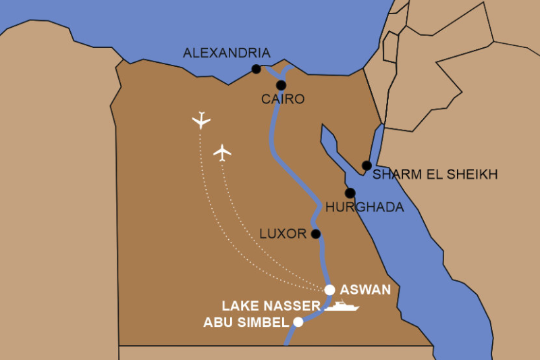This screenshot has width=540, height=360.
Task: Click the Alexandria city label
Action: pos(227,53)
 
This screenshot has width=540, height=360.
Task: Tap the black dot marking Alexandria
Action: pos(256,69)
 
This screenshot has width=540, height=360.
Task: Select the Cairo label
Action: pos(283,99)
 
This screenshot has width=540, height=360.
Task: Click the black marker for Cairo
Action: pos(281,85)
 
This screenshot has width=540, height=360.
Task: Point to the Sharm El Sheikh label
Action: pos(435,175)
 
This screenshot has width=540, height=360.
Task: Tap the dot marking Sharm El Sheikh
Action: pos(367,165)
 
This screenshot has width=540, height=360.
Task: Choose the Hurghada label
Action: pos(364,207)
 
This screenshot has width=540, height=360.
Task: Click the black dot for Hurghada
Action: pos(350,193)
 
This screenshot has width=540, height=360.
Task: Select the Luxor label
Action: pos(283,234)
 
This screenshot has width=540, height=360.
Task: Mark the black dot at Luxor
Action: pos(315,234)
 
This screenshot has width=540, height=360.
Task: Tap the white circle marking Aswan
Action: pos(329,290)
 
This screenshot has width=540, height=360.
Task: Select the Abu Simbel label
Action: pos(246,322)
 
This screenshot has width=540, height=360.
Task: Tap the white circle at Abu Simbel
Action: pos(298,322)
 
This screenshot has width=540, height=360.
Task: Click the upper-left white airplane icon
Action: pos(201,120)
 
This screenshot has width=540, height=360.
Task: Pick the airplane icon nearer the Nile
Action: pos(222,153)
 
